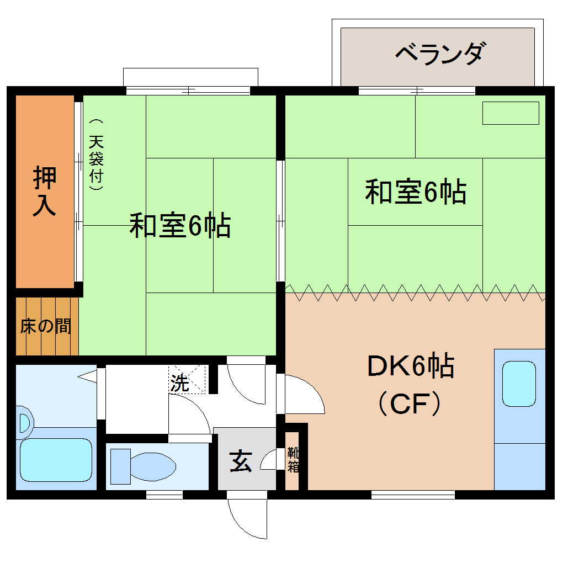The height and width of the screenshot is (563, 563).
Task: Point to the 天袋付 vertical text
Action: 97,155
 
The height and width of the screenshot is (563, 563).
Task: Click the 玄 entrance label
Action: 241,460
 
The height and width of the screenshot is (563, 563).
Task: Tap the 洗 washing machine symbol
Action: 180,382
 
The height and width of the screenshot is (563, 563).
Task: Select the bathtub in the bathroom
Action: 55,460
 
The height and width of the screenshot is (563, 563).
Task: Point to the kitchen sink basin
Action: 519,384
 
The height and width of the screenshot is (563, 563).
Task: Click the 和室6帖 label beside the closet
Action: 180,225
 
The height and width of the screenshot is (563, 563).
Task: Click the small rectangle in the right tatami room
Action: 511,113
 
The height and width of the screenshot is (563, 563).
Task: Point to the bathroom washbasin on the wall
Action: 24,423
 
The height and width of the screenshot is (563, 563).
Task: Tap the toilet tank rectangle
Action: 120,466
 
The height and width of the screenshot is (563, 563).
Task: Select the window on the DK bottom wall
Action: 412,494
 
